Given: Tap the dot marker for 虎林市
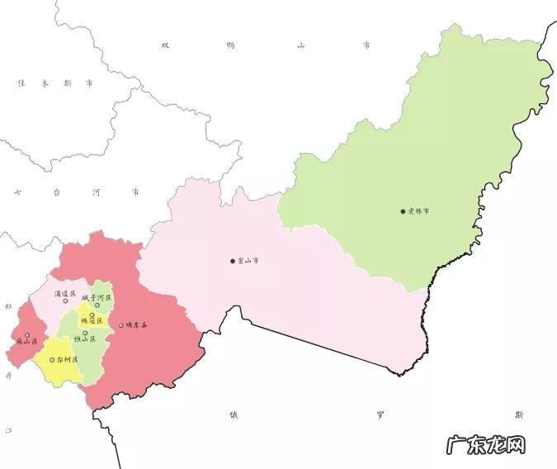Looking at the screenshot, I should tap(403, 211).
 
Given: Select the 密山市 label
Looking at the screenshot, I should tap(249, 261).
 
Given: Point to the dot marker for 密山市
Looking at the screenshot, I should tap(233, 261).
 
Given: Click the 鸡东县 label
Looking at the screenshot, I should tap(136, 325).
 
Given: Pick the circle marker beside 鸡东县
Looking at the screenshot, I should tap(120, 325).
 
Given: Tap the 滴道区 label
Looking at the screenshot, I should tap(65, 293).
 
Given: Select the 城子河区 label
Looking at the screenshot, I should tap(96, 296).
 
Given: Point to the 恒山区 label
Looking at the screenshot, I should tap(86, 339).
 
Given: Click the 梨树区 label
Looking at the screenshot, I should tap(68, 361).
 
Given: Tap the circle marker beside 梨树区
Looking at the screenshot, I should tap(52, 361).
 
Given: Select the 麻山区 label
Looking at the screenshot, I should tap(26, 341).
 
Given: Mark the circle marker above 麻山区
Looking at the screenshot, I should tap(27, 334).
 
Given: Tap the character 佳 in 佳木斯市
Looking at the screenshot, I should tap(21, 83).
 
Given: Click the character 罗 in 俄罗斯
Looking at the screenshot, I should tap(380, 414).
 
